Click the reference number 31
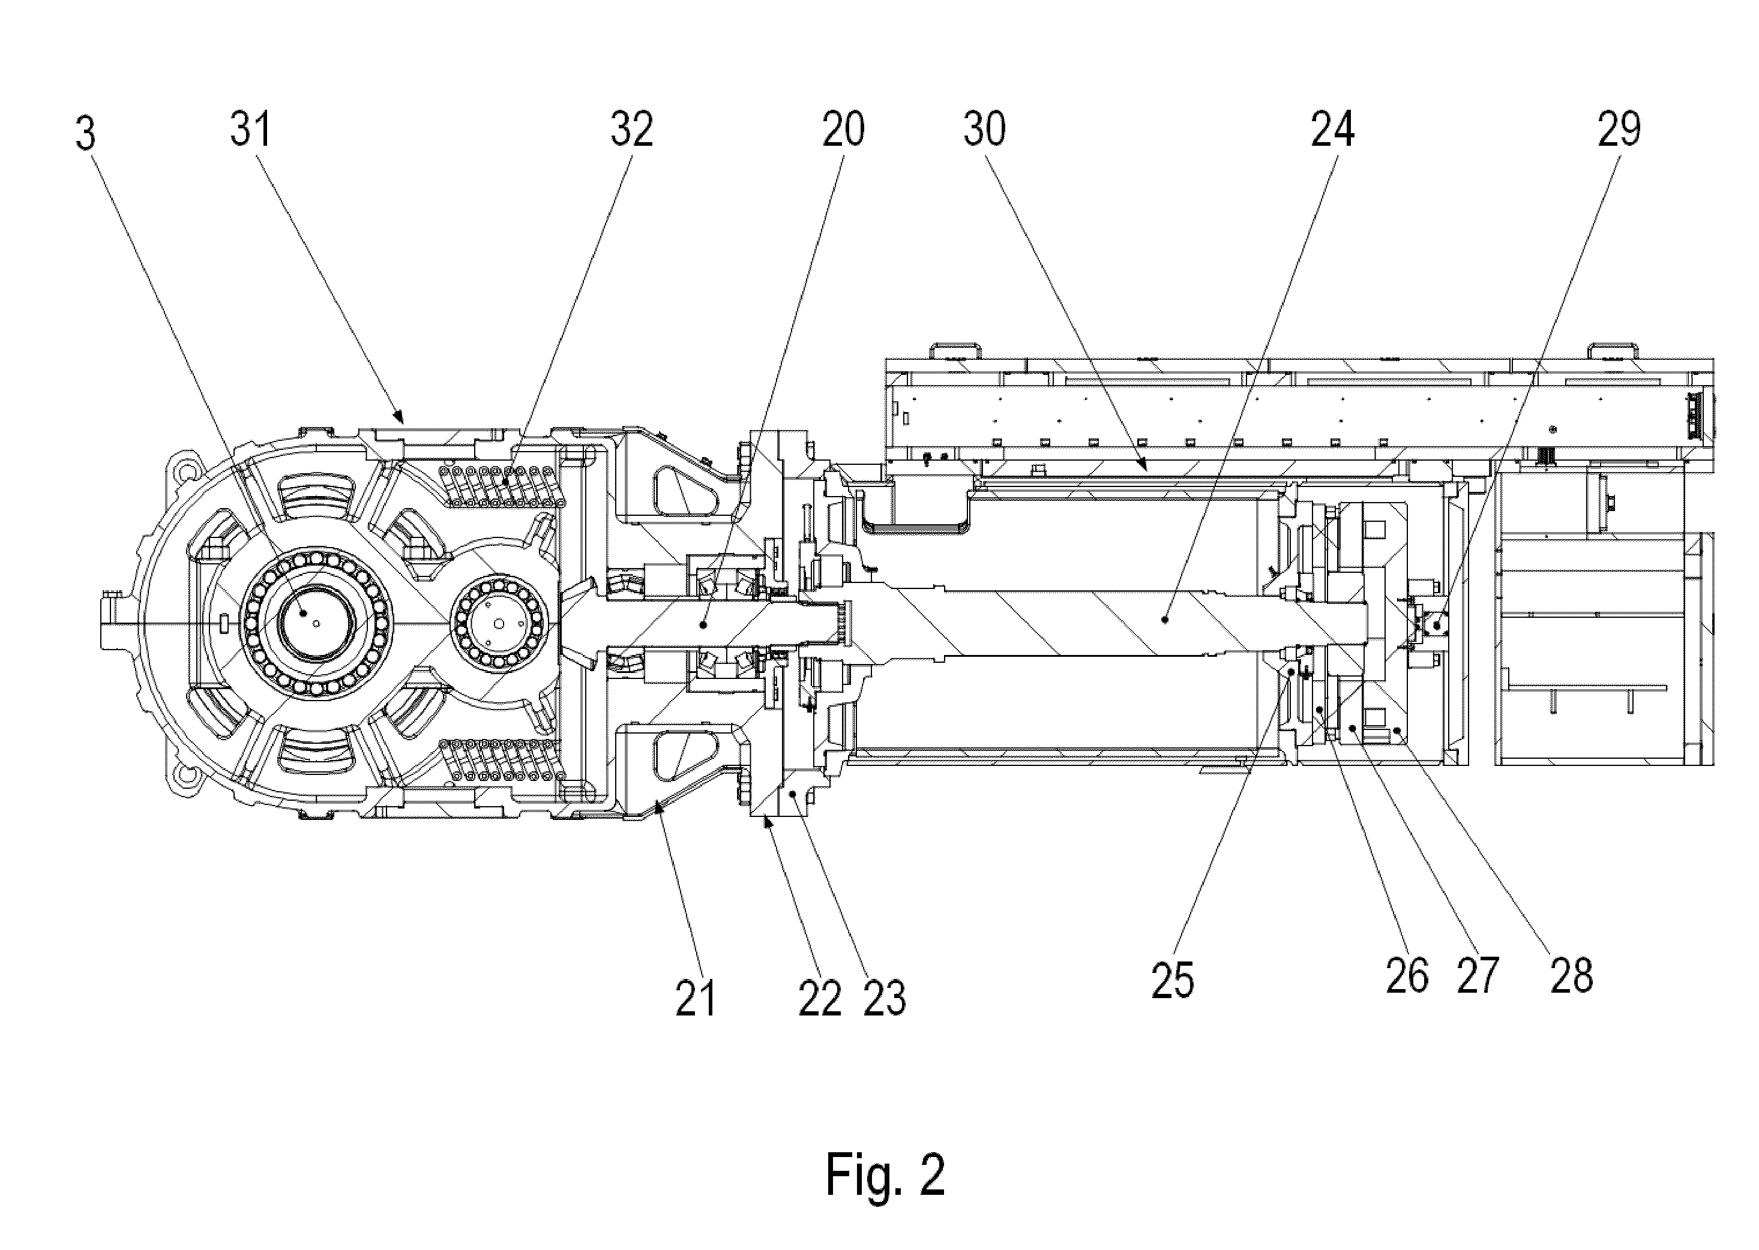tap(251, 130)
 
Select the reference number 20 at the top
tap(843, 130)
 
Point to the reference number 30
tap(984, 130)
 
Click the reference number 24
tap(1333, 130)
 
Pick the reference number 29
tap(1619, 130)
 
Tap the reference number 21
tap(696, 999)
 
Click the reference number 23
tap(884, 999)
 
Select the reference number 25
tap(1173, 981)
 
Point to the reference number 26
tap(1407, 976)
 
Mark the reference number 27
tap(1477, 976)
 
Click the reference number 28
tap(1571, 976)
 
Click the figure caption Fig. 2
tap(886, 1174)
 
